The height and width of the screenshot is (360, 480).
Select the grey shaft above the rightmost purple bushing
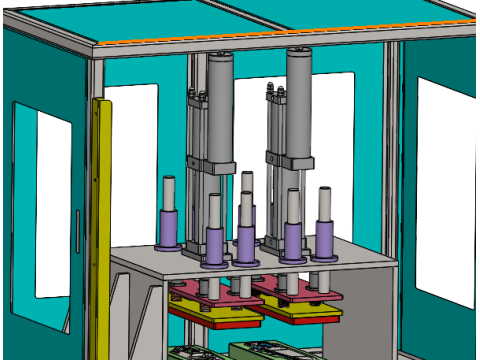click(324, 203)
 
